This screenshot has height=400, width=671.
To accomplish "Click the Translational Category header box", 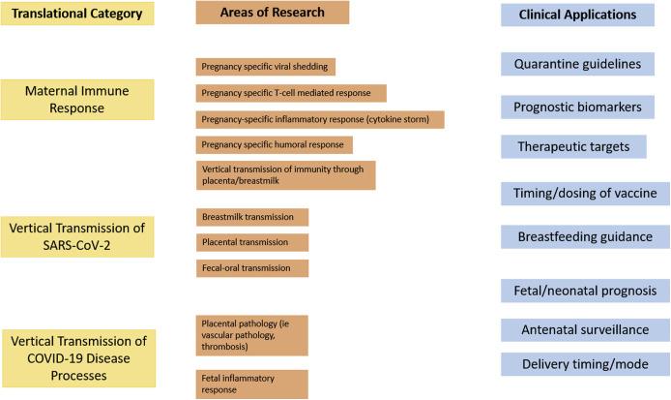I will pos(77,15).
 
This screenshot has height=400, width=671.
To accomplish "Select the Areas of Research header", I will pos(258,13).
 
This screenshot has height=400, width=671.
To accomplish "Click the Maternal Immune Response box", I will pos(77,99).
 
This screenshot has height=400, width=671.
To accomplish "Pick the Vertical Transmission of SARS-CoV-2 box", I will pos(77,236).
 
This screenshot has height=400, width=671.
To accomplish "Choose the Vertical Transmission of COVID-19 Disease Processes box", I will pos(77,351).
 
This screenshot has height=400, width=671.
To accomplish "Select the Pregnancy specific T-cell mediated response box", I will pos(290,93).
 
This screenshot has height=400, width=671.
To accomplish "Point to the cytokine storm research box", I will pos(319,119).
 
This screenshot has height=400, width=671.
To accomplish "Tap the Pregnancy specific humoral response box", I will pos(274,145).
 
